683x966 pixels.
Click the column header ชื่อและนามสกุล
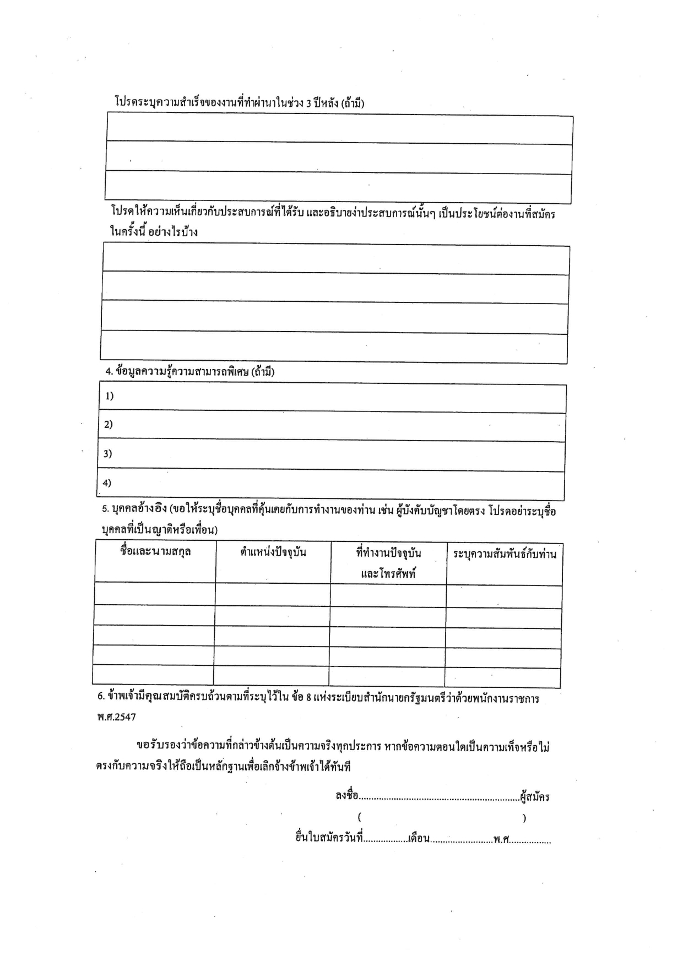(x=155, y=551)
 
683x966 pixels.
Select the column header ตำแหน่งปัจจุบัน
(x=273, y=552)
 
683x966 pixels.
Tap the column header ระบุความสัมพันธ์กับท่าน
(x=505, y=553)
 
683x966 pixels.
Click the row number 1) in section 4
(x=109, y=396)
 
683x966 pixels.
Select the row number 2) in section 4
(x=108, y=424)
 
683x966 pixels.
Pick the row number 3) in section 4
(x=107, y=454)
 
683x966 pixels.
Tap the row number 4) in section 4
(x=107, y=483)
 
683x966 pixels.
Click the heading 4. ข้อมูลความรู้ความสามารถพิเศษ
(x=190, y=371)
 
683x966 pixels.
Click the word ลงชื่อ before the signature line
(x=347, y=796)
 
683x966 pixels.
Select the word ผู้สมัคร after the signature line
(x=534, y=797)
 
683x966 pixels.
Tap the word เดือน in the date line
(x=419, y=839)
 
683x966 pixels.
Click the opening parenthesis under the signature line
(x=359, y=817)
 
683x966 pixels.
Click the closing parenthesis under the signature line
(x=524, y=818)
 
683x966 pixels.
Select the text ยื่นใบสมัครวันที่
(x=329, y=838)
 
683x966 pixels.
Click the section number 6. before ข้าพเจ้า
(x=101, y=697)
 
